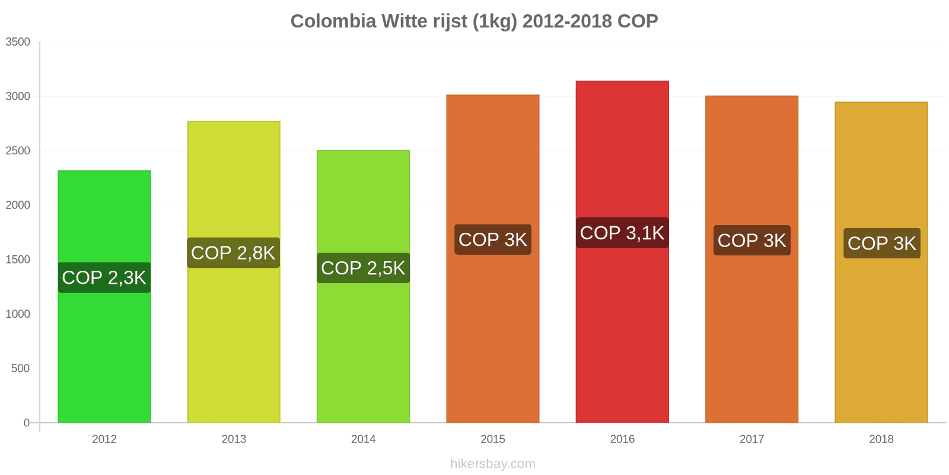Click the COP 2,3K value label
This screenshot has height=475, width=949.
click(x=104, y=277)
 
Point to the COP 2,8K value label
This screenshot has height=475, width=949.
click(x=233, y=253)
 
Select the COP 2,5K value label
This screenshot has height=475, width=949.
click(x=363, y=268)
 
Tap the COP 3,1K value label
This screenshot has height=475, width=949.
click(x=622, y=233)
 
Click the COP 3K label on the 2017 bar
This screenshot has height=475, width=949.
click(x=751, y=240)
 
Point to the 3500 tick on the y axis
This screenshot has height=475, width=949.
click(x=18, y=42)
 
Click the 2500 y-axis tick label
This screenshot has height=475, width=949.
click(x=18, y=151)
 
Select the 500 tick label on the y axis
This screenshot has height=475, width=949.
click(x=20, y=368)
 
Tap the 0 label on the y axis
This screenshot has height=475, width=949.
click(x=26, y=423)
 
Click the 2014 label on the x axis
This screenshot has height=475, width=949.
click(x=363, y=439)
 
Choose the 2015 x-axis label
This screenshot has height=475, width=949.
click(x=493, y=439)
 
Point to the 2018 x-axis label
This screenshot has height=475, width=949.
click(x=881, y=439)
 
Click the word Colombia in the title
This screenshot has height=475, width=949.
click(x=333, y=21)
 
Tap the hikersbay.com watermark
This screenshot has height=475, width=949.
click(x=492, y=464)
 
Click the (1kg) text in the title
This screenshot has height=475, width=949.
click(x=494, y=21)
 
